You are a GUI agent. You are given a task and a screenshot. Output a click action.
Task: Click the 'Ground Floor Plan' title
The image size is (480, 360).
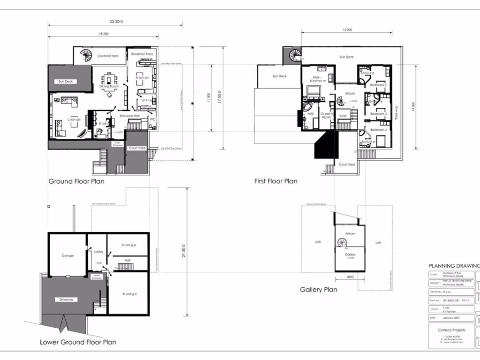pos(76,181)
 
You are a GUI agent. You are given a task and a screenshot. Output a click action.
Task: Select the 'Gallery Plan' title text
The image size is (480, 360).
pos(318,290)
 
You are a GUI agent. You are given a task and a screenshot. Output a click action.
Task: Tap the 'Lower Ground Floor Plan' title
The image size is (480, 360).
pos(78,342)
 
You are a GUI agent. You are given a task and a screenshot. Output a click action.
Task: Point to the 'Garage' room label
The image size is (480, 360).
pos(68,256)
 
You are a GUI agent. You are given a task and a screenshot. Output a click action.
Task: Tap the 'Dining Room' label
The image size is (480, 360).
pos(109,87)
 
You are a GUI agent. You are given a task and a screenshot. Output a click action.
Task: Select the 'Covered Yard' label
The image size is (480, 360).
pos(107,56)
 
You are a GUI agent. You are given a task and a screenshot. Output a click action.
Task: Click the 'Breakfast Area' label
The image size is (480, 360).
pos(142,54)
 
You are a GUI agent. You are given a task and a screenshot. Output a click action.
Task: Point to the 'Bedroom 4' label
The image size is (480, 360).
pos(378,130)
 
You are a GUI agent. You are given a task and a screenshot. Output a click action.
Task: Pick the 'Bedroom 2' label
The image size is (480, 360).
pos(378,85)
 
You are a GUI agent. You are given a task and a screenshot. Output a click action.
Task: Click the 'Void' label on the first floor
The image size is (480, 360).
pos(342,114)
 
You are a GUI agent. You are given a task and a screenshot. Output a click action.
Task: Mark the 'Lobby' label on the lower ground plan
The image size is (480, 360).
pos(98,252)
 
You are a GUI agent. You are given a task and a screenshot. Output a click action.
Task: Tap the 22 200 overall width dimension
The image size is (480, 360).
pos(116,22)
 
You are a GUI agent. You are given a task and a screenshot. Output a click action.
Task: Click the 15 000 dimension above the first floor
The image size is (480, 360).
pos(347,30)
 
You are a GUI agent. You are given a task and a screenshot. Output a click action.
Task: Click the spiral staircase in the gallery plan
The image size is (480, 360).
pos(342,242)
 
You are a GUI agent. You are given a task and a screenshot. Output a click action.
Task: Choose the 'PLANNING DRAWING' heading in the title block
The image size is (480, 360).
pos(454,266)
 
